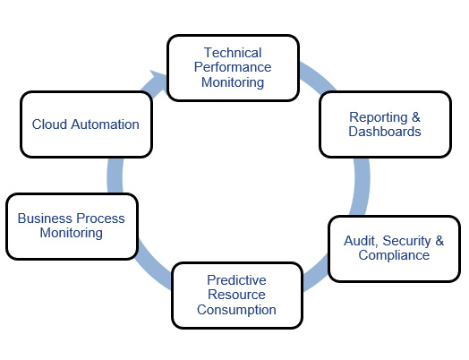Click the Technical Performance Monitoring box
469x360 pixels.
[233, 67]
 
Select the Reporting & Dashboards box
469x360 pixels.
[385, 124]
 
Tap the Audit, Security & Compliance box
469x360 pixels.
[393, 248]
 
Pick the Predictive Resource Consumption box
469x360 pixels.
[236, 294]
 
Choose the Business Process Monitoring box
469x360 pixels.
[72, 226]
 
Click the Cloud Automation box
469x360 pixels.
[85, 124]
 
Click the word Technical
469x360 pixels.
[233, 53]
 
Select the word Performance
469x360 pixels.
[233, 67]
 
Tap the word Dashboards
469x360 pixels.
[385, 132]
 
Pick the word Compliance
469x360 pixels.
[394, 255]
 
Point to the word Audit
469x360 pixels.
[360, 241]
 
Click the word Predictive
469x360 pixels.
[236, 279]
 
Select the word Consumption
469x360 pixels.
[236, 309]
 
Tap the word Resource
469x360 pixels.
[236, 294]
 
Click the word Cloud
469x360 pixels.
[49, 124]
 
